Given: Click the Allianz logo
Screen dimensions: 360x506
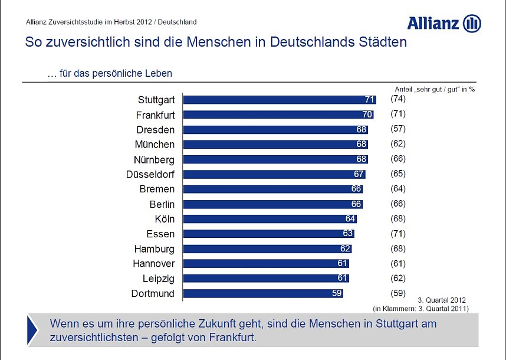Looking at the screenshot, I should [443, 24].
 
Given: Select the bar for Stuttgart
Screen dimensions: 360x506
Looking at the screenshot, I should [279, 100].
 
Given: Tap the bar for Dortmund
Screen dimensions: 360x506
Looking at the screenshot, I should [263, 293].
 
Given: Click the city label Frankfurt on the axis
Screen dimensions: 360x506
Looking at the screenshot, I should [155, 115].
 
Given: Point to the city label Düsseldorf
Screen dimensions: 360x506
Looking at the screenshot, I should [150, 175].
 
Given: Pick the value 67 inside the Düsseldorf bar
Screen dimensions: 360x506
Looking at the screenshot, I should [359, 175].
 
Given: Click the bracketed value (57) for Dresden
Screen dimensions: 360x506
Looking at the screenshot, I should [398, 129].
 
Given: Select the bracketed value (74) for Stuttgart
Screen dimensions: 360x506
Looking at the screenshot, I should [398, 99].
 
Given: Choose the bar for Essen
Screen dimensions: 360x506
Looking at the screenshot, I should [268, 234].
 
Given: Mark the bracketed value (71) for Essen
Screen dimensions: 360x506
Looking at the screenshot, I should [398, 233].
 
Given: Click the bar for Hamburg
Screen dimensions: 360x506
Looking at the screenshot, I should [267, 249].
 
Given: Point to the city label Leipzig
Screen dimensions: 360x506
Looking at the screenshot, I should [159, 279].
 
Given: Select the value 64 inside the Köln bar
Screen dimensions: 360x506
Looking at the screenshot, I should [350, 219].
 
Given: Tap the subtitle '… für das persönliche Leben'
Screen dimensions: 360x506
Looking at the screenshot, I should [110, 74].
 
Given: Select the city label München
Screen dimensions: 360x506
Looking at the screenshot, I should [155, 145].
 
